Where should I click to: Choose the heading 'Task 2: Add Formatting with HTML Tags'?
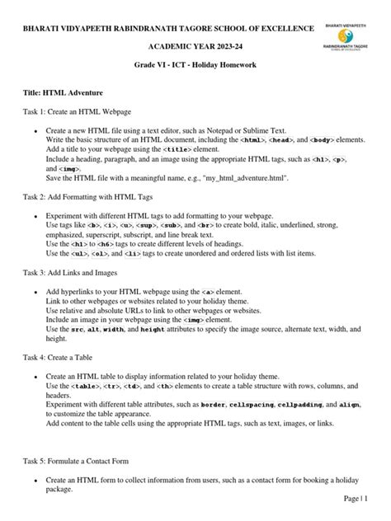point(94,197)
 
